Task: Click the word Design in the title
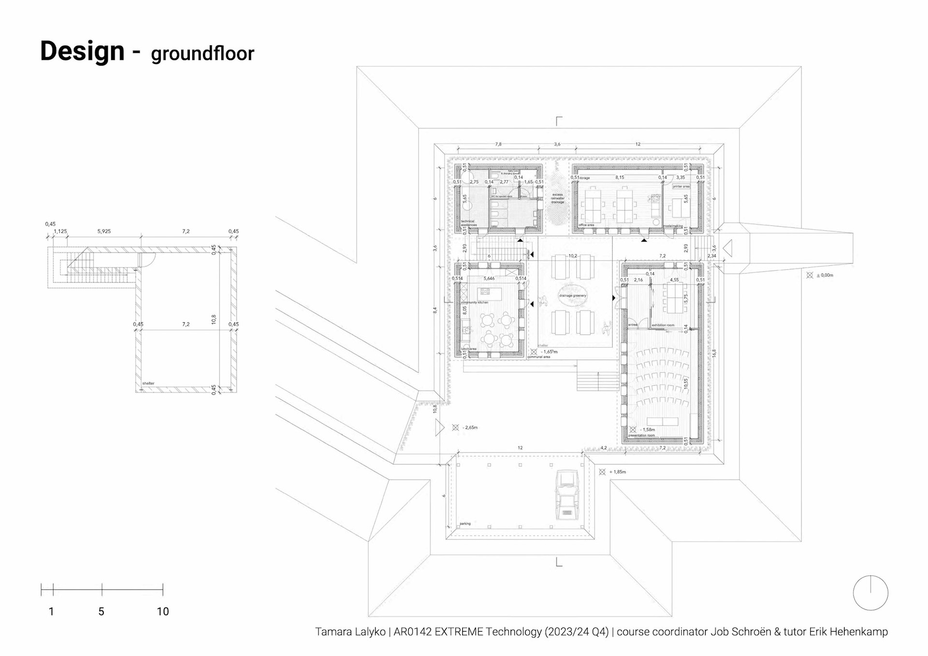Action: pyautogui.click(x=82, y=51)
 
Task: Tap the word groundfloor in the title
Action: pyautogui.click(x=202, y=54)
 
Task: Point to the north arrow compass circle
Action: pyautogui.click(x=870, y=593)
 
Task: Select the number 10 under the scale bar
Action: pyautogui.click(x=163, y=612)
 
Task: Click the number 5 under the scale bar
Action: pyautogui.click(x=101, y=612)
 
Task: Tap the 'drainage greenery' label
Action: pyautogui.click(x=572, y=296)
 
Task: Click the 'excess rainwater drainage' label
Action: pyautogui.click(x=557, y=198)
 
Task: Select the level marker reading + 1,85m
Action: pyautogui.click(x=617, y=472)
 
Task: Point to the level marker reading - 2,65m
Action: pyautogui.click(x=469, y=428)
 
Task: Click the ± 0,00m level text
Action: pyautogui.click(x=825, y=275)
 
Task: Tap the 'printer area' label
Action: pyautogui.click(x=681, y=186)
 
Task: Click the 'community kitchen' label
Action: pyautogui.click(x=474, y=302)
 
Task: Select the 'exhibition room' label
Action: pyautogui.click(x=663, y=325)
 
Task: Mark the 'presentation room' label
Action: pyautogui.click(x=641, y=435)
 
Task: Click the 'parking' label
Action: pyautogui.click(x=465, y=524)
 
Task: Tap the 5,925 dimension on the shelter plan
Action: pyautogui.click(x=104, y=231)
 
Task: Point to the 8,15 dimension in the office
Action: pyautogui.click(x=620, y=178)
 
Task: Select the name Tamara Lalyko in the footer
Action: pyautogui.click(x=350, y=632)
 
